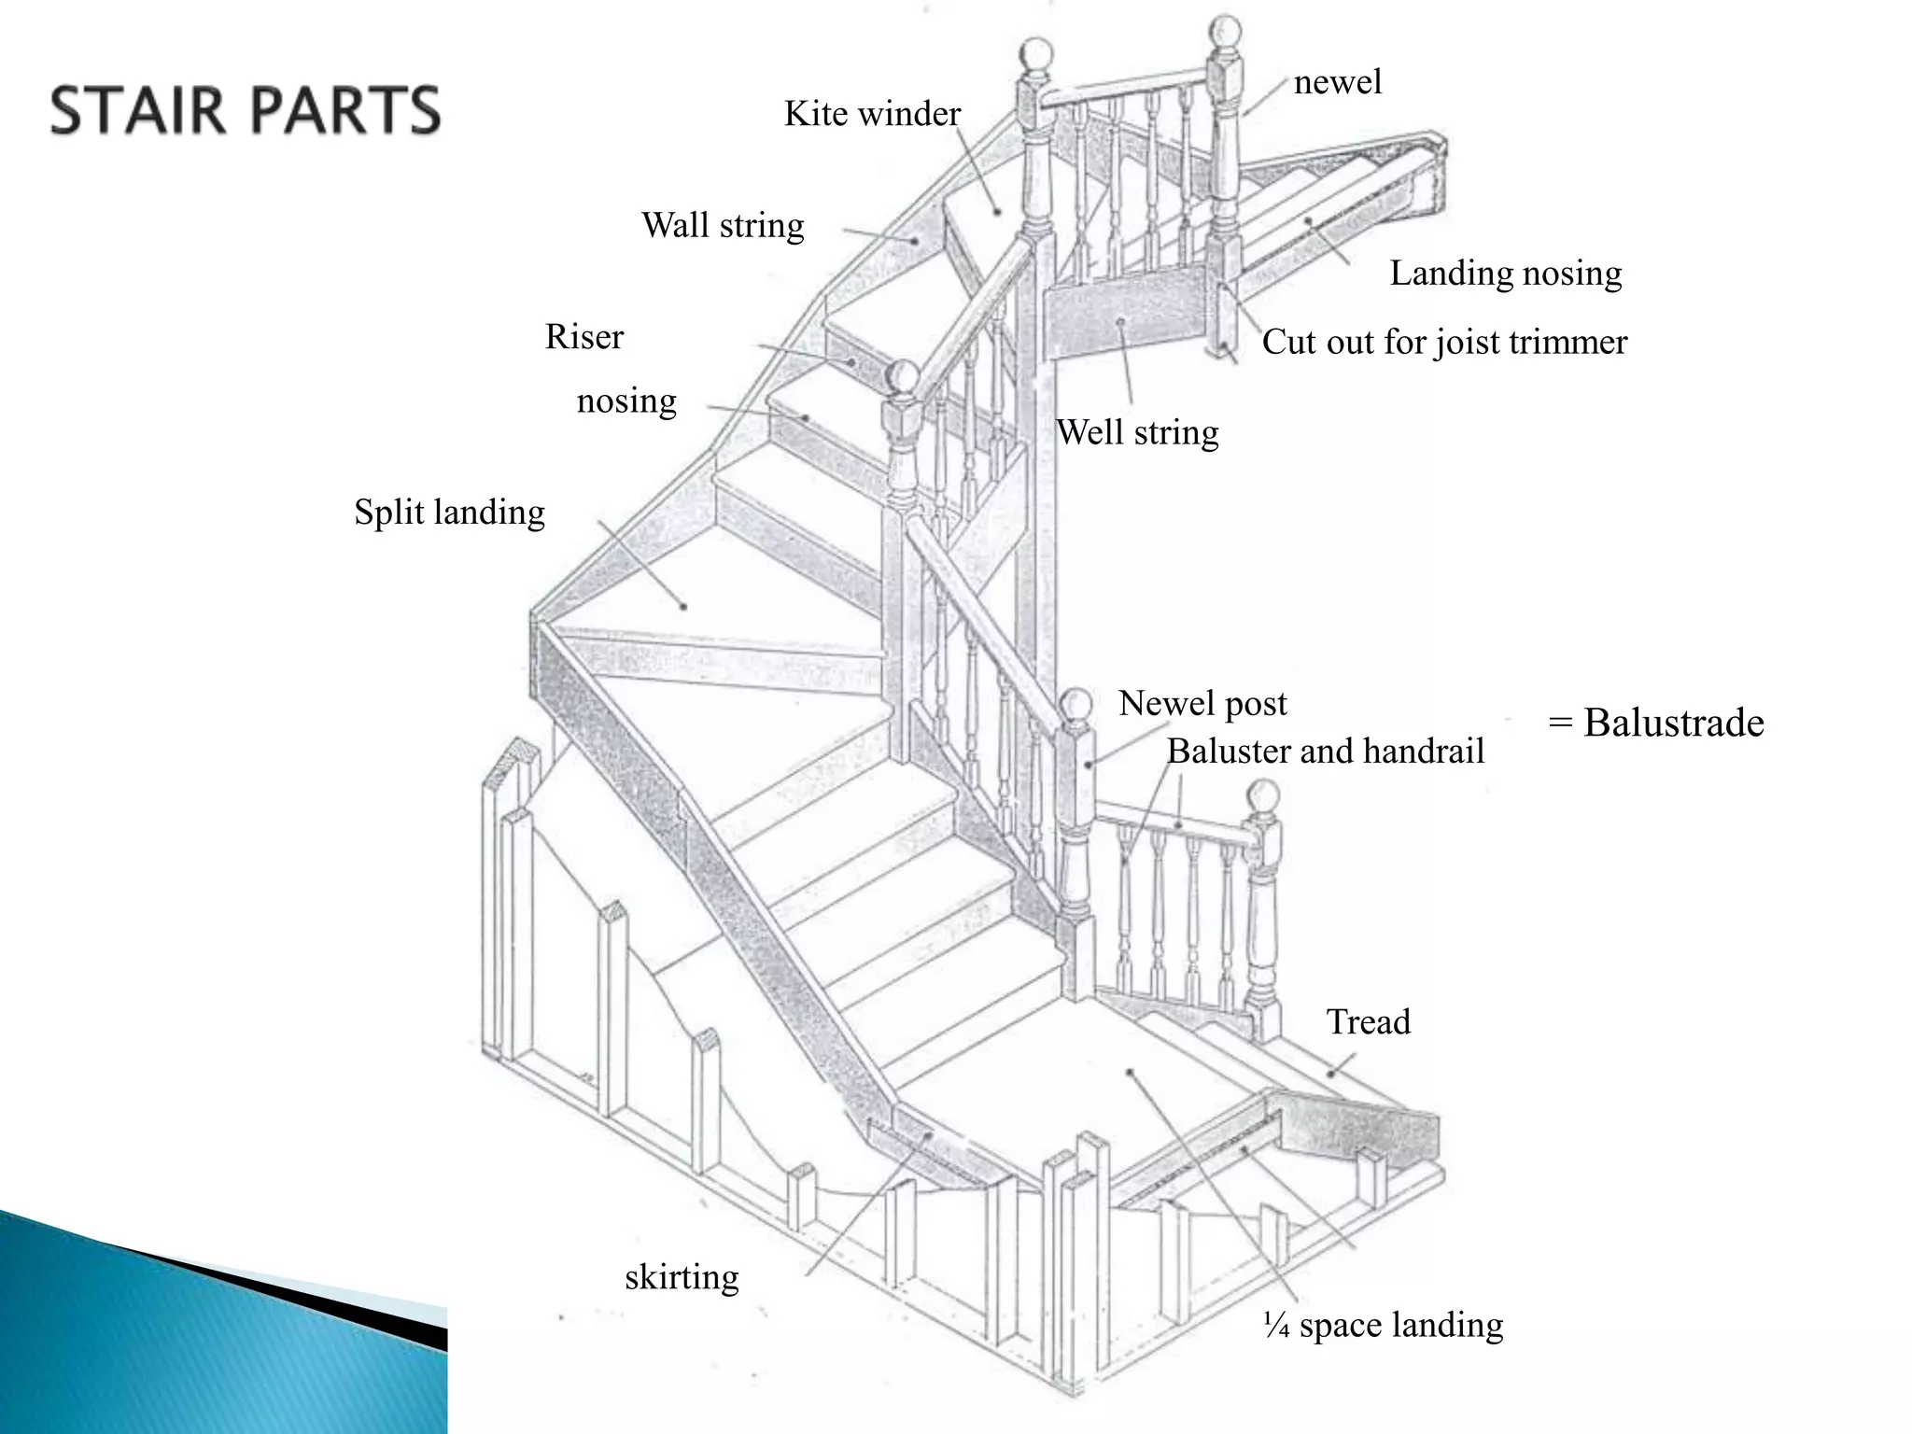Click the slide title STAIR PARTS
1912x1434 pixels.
tap(245, 110)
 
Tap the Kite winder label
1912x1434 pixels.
tap(872, 114)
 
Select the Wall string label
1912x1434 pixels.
tap(723, 225)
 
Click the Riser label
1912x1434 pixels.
tap(584, 336)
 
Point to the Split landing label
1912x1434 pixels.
tap(449, 512)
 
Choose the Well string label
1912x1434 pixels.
tap(1137, 432)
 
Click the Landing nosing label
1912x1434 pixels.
tap(1506, 273)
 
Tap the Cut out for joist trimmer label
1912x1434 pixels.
tap(1444, 342)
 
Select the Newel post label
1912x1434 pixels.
tap(1202, 703)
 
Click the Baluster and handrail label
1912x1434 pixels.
tap(1325, 751)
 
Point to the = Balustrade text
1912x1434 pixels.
tap(1656, 723)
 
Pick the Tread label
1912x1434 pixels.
tap(1369, 1021)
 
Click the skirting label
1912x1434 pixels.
tap(682, 1276)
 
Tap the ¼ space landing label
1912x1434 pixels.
tap(1383, 1325)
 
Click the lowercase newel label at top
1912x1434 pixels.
tap(1337, 82)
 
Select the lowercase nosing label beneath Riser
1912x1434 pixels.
tap(626, 401)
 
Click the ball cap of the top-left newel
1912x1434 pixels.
tap(1036, 55)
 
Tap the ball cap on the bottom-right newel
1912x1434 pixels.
tap(1263, 796)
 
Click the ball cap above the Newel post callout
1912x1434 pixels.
tap(1076, 703)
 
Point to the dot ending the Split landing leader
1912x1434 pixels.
tap(684, 606)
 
